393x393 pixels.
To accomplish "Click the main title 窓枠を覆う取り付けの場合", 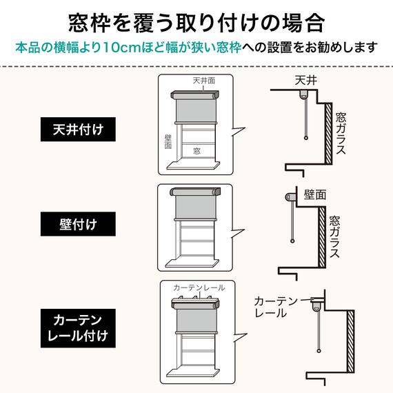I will click(x=196, y=23).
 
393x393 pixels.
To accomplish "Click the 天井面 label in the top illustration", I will click(x=204, y=81).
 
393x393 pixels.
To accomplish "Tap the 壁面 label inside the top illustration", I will click(x=168, y=142).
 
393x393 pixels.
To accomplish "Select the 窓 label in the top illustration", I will click(x=196, y=150).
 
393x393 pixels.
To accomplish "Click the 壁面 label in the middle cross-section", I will click(x=315, y=194).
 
